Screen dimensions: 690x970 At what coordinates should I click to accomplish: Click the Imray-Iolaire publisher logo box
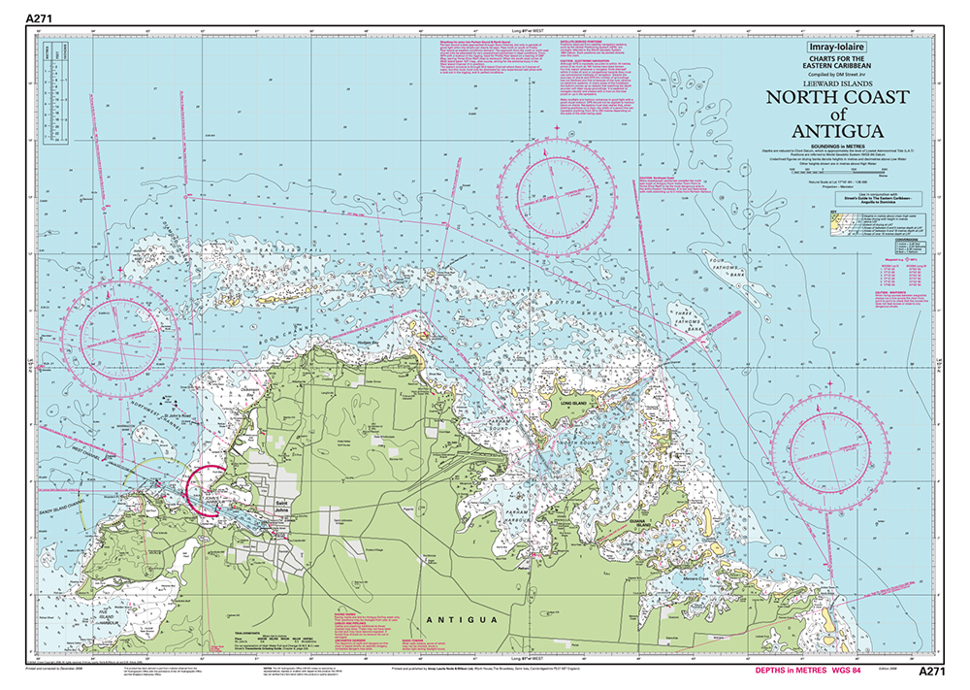point(830,47)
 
